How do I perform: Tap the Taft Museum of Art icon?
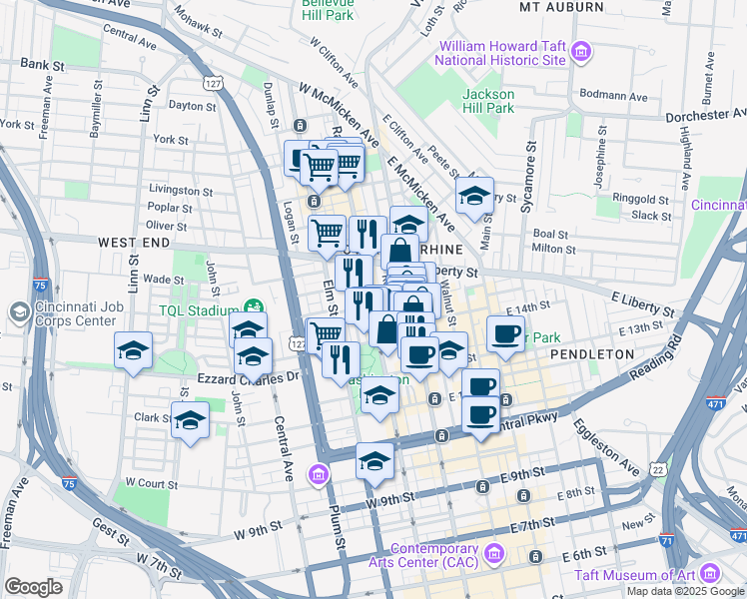710,573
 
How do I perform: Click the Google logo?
33,587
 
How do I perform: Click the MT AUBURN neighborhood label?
562,7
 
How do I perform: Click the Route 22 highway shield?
656,469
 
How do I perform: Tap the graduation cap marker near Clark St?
189,420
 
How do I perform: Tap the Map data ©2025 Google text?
685,591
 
